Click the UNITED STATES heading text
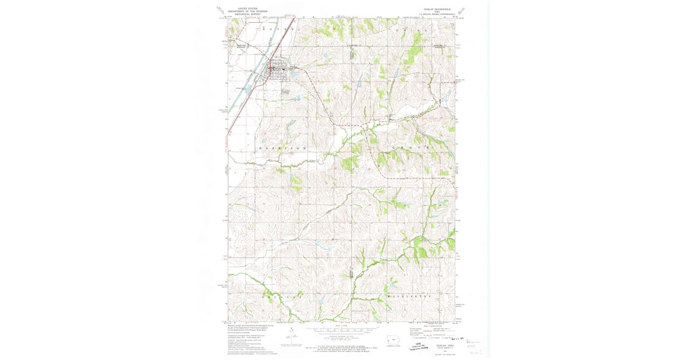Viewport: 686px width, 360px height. pos(248,9)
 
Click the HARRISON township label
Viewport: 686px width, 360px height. pos(284,148)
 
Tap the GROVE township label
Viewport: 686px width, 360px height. pos(410,148)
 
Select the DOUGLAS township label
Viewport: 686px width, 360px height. pos(282,298)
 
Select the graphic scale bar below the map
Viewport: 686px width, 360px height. pos(342,330)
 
